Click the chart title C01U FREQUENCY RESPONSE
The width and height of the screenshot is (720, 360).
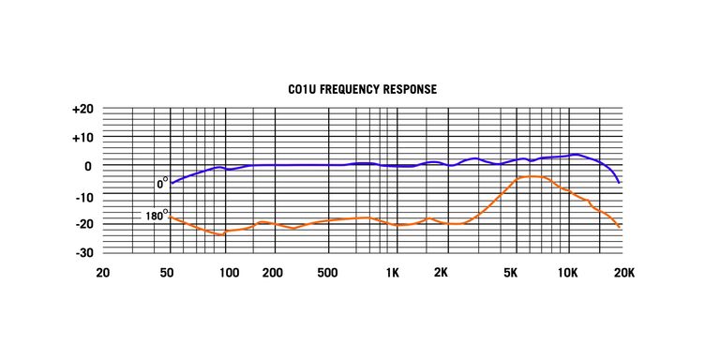tap(362, 90)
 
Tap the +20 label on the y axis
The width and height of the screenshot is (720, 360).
tap(82, 110)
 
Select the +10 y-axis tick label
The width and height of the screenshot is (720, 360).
tap(82, 138)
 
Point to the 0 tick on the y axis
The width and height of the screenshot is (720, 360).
tap(87, 167)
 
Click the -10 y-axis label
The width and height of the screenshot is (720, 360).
tap(82, 196)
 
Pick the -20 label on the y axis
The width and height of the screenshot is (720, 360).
tap(82, 225)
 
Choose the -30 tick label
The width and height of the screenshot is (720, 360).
tap(82, 253)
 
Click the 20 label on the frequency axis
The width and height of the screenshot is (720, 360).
tap(105, 274)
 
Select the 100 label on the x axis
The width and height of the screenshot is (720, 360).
tap(228, 274)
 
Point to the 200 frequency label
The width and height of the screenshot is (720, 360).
tap(273, 274)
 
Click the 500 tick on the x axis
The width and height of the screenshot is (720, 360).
tap(327, 274)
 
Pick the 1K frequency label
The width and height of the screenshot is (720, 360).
tap(393, 274)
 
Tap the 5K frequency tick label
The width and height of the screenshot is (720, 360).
tap(511, 274)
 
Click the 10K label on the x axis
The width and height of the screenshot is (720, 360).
tap(568, 274)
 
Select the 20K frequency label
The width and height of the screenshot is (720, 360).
tap(623, 274)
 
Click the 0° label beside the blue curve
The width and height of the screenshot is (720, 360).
tap(162, 184)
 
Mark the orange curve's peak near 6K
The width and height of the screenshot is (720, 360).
tap(531, 176)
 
